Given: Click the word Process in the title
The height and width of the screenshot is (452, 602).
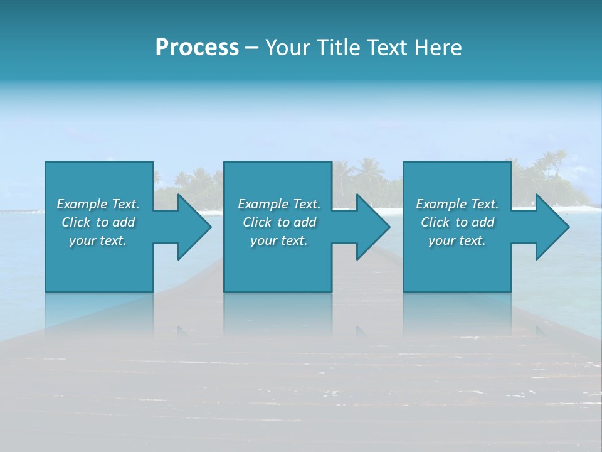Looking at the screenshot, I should click(x=197, y=48).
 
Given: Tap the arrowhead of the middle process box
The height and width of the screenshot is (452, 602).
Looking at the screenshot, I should click(x=372, y=227).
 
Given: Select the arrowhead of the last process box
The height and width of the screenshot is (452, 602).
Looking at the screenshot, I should click(x=552, y=227).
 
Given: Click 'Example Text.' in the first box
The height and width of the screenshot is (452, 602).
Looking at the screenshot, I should click(x=98, y=204).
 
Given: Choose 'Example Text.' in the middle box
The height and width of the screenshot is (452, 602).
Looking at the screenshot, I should click(x=279, y=204).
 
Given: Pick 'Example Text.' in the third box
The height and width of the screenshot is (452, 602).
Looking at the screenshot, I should click(x=457, y=204).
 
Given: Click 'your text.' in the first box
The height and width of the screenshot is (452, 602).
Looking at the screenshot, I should click(x=98, y=240).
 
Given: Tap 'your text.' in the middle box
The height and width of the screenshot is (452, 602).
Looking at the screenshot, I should click(x=279, y=240).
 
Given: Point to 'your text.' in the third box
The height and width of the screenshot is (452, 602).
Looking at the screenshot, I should click(x=457, y=240).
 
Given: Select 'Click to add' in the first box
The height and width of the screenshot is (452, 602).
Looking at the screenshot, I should click(x=98, y=222).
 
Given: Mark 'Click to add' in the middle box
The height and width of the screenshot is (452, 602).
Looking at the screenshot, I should click(x=279, y=222).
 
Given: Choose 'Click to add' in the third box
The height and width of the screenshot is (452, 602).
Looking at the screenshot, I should click(x=457, y=222).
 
